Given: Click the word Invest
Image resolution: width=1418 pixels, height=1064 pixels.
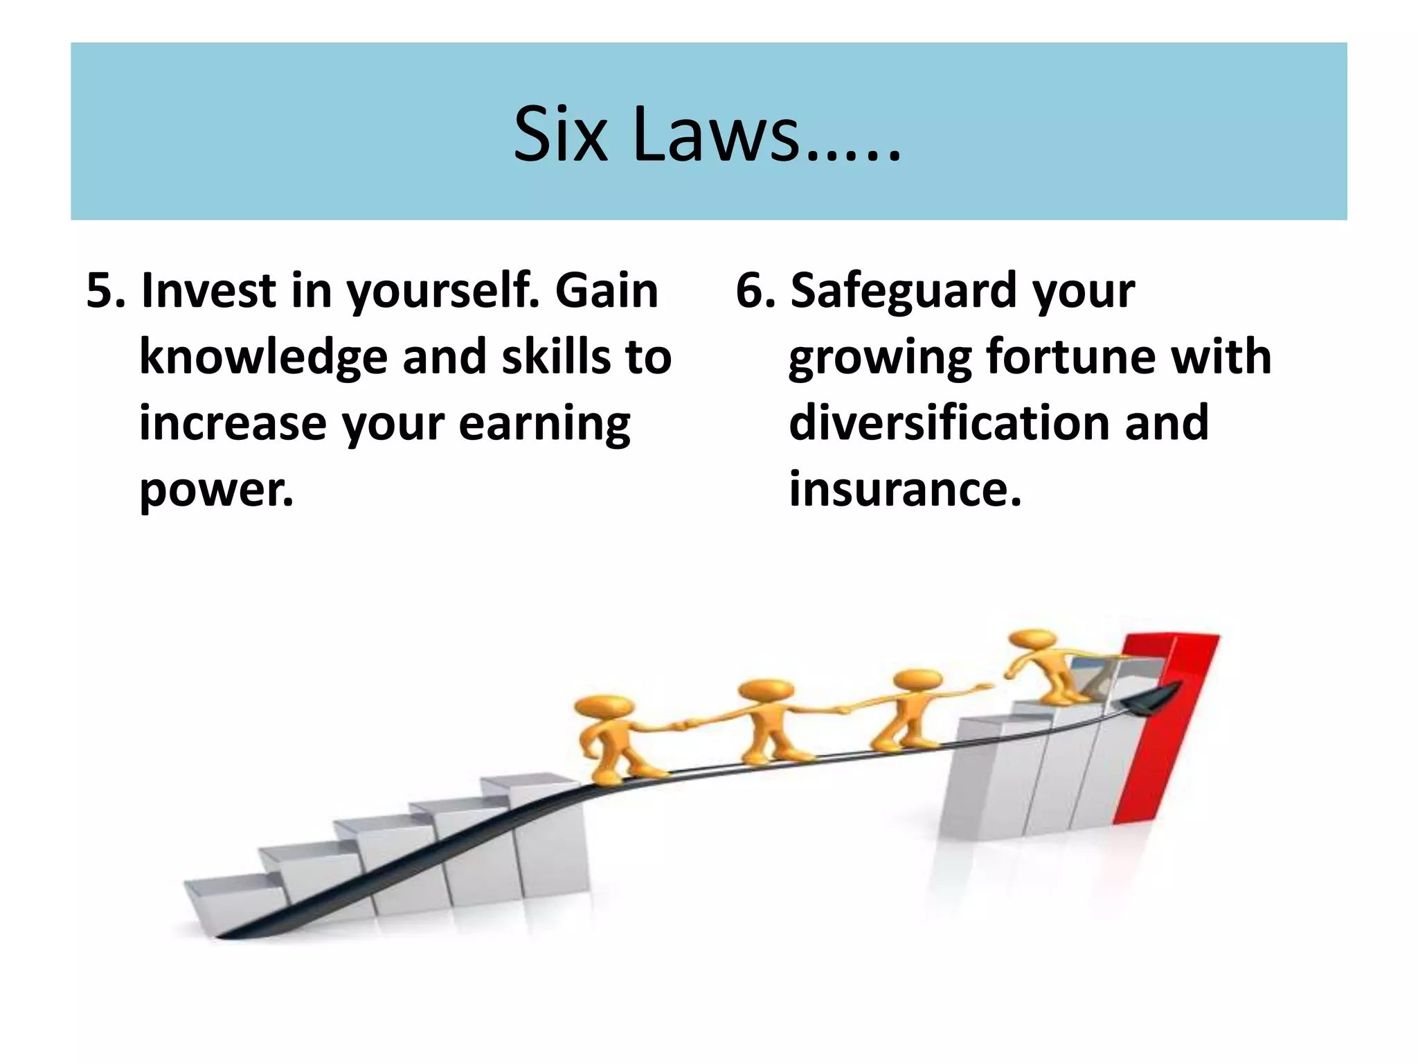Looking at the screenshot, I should pyautogui.click(x=208, y=290).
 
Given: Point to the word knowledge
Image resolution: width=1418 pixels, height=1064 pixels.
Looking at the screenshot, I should pyautogui.click(x=263, y=357).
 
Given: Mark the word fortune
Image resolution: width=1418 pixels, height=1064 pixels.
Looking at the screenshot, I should pyautogui.click(x=1066, y=357).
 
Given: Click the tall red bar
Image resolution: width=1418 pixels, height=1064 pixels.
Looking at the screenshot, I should pyautogui.click(x=1170, y=727).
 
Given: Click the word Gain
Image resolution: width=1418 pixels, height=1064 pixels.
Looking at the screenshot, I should pyautogui.click(x=607, y=290).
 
